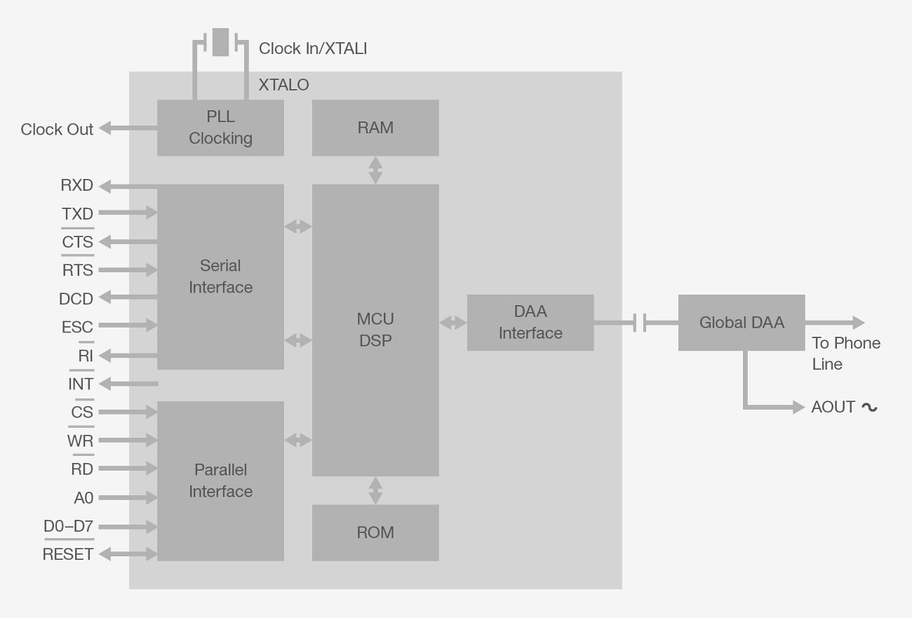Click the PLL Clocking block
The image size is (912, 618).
point(220,128)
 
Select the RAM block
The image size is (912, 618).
point(375,128)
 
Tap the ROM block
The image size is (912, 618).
point(375,532)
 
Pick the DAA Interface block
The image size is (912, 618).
point(530,323)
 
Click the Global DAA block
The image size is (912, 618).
point(742,323)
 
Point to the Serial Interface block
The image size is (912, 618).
point(220,276)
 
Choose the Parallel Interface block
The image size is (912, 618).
point(220,481)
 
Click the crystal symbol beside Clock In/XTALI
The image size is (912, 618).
point(220,42)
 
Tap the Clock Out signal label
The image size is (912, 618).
point(57,130)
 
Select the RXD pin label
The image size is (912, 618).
point(77,186)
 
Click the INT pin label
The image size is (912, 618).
point(81,384)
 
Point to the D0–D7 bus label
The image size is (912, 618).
point(68,526)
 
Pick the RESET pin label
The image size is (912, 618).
point(68,554)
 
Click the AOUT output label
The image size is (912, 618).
point(833,408)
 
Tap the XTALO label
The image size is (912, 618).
point(283,85)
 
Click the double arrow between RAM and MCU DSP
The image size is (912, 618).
point(375,170)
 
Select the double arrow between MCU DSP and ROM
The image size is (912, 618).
point(375,490)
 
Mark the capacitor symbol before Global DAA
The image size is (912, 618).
point(640,323)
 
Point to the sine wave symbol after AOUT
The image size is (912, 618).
point(869,408)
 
